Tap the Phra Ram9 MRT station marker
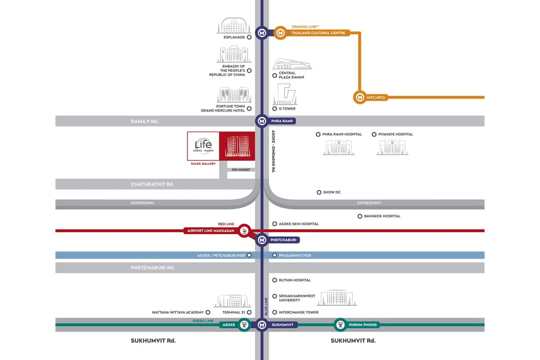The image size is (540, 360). pos(262,121)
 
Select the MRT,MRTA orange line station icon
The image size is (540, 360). pos(360,97)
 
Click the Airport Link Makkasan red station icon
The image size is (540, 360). pos(244,231)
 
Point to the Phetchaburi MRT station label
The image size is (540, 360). pos(283,240)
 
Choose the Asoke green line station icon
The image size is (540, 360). pos(244,324)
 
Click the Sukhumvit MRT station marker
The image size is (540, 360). pos(262,324)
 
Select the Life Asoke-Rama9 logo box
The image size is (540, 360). pos(203,146)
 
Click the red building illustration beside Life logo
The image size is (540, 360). pos(237,146)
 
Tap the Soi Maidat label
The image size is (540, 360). pos(241,170)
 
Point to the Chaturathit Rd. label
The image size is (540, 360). pos(152,184)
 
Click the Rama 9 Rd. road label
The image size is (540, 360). pos(145,121)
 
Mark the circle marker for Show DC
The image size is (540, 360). pos(319,192)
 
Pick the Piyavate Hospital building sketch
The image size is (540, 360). pos(392,147)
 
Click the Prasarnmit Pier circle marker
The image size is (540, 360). pos(274,256)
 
